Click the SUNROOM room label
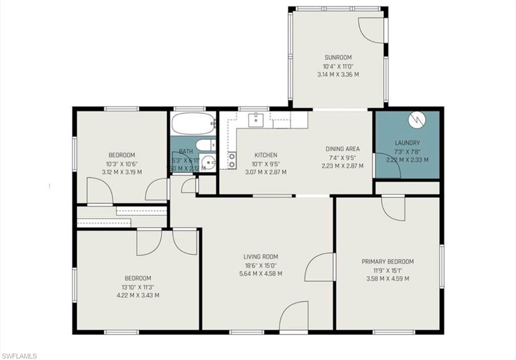click(338, 57)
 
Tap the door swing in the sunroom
click(372, 30)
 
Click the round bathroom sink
click(209, 164)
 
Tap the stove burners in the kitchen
click(232, 160)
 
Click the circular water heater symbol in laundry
click(417, 119)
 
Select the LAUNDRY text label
click(407, 143)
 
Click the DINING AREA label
click(343, 149)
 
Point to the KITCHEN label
click(266, 155)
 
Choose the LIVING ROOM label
click(261, 257)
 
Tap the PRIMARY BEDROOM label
click(388, 262)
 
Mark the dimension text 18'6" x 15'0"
click(261, 265)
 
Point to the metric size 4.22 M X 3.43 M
click(138, 295)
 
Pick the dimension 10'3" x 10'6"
click(121, 163)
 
